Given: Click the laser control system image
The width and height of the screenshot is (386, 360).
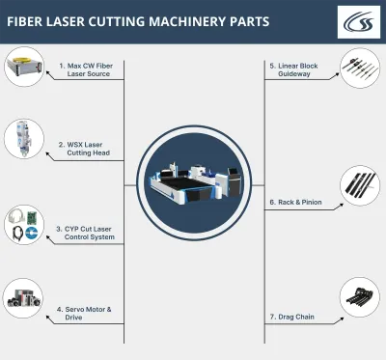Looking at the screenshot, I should [x=22, y=225].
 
